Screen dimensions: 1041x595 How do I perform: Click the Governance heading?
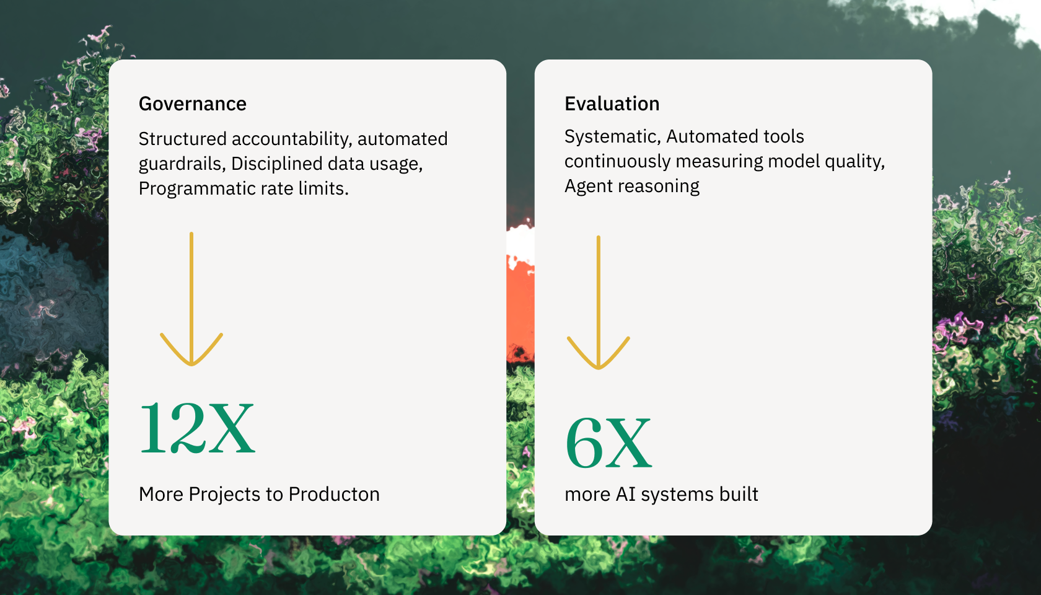[192, 104]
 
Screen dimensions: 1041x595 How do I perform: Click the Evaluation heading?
[612, 104]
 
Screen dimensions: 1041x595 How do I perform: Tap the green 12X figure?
[197, 428]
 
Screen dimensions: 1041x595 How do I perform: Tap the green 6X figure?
[608, 443]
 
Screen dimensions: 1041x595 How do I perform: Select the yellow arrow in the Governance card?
[191, 299]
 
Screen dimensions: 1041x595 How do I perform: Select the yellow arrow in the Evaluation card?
[599, 302]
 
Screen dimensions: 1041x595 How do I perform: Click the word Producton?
[333, 494]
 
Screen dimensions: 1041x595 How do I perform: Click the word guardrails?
[182, 164]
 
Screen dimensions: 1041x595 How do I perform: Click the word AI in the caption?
[626, 494]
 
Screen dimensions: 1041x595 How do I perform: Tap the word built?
[739, 494]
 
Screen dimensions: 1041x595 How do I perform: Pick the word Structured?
[183, 139]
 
